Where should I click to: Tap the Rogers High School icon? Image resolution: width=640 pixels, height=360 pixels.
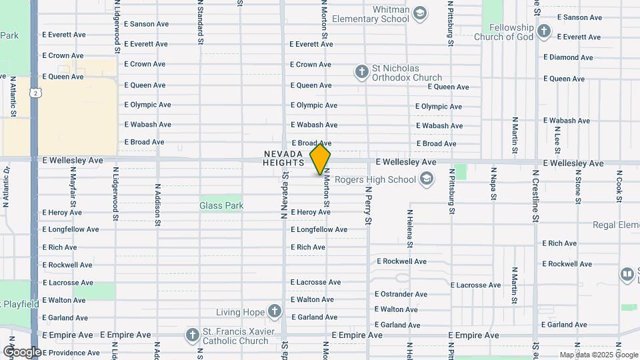coord(427,179)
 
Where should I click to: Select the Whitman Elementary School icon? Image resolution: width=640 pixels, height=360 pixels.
coord(419,13)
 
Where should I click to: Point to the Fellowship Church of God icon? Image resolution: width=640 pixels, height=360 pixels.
coord(545,31)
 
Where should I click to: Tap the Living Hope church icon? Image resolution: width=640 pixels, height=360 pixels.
coord(274,311)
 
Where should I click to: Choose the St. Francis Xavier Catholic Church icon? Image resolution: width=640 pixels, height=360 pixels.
coord(193,335)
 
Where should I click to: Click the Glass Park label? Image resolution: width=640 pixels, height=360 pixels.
coord(221,205)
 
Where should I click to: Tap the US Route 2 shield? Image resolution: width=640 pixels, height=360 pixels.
coord(34,93)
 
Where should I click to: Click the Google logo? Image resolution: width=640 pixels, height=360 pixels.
coord(22,351)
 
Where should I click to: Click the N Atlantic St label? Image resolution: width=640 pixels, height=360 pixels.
coord(13,97)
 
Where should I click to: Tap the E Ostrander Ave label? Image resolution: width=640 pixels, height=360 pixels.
coord(401,294)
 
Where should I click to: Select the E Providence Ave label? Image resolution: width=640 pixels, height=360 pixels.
coord(71,353)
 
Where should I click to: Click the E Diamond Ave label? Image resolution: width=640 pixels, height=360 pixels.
coord(568,57)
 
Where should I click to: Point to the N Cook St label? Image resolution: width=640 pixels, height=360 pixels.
coord(619,185)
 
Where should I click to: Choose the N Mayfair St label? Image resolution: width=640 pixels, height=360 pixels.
coord(73,187)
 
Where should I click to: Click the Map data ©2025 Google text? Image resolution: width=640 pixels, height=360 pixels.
coord(598,355)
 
